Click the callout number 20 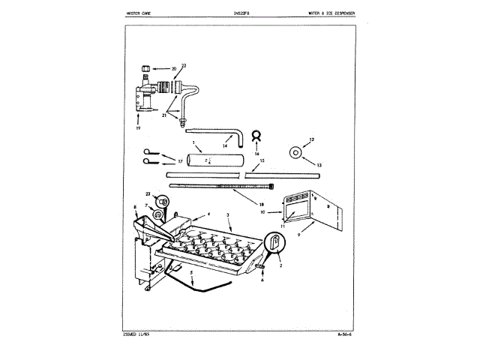[x=174, y=69]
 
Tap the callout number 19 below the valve [x=139, y=128]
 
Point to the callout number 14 [x=224, y=145]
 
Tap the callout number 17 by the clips [x=179, y=161]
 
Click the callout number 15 [x=261, y=160]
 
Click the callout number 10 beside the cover [x=262, y=212]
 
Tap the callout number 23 [x=149, y=194]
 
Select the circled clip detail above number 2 [x=275, y=241]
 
